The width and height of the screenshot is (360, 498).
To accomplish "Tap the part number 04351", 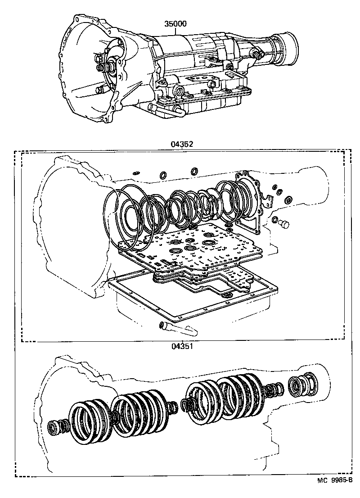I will [x=181, y=346].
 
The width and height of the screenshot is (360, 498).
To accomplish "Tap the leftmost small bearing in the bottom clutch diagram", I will [x=54, y=426].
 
